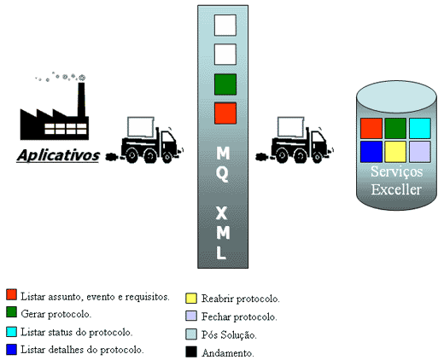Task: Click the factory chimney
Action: [x=81, y=100]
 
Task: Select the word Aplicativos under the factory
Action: [x=58, y=155]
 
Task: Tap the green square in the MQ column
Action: [x=225, y=84]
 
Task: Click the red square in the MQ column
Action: [x=225, y=113]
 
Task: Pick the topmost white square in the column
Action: [x=225, y=26]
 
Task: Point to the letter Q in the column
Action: [x=222, y=174]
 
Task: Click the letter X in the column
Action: [x=222, y=213]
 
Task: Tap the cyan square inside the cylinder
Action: [x=420, y=128]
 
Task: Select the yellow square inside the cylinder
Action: [x=395, y=152]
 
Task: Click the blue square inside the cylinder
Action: [x=371, y=152]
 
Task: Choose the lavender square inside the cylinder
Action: [x=420, y=152]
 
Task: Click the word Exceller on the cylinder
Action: [x=396, y=189]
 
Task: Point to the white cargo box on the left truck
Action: [x=141, y=127]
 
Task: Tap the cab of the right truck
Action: [x=318, y=143]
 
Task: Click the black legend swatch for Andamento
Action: [x=191, y=351]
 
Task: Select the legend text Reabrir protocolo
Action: [x=241, y=299]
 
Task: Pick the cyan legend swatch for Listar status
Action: [x=11, y=332]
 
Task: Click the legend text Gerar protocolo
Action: [x=56, y=314]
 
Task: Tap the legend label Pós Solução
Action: [x=229, y=334]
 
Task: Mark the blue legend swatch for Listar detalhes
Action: [x=11, y=350]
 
